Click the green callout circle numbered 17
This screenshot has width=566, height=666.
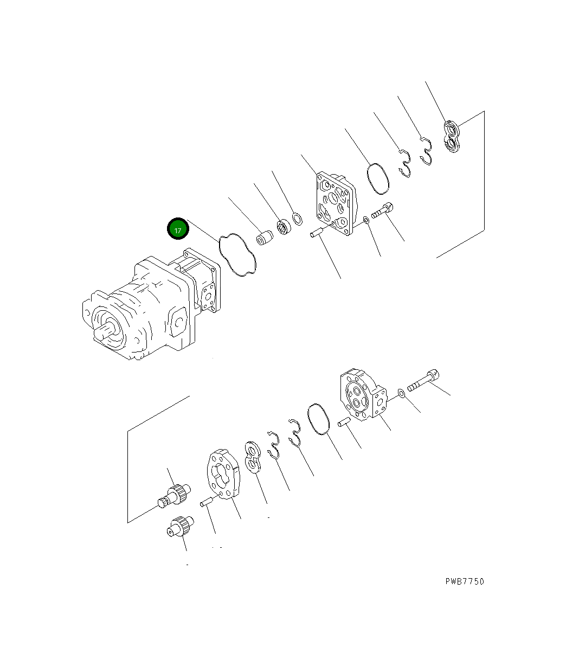click(178, 229)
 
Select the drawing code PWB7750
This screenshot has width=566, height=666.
click(465, 581)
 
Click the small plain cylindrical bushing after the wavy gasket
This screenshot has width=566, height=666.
click(265, 239)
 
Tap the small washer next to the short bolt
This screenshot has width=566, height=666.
click(366, 220)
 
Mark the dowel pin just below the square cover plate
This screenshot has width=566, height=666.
click(317, 233)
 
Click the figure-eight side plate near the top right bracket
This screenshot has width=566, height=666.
click(451, 137)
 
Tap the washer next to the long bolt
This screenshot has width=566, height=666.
click(400, 393)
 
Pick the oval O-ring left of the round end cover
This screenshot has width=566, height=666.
click(318, 419)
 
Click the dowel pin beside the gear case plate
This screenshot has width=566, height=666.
click(207, 503)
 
